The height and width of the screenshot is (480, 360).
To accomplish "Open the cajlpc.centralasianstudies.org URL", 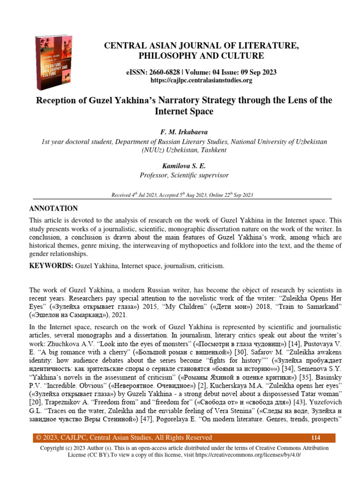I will (201, 80).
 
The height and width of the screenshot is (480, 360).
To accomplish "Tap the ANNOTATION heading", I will (53, 208).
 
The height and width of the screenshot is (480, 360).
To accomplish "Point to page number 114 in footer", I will (315, 438).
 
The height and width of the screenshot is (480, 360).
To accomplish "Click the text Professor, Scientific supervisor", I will (184, 175).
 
